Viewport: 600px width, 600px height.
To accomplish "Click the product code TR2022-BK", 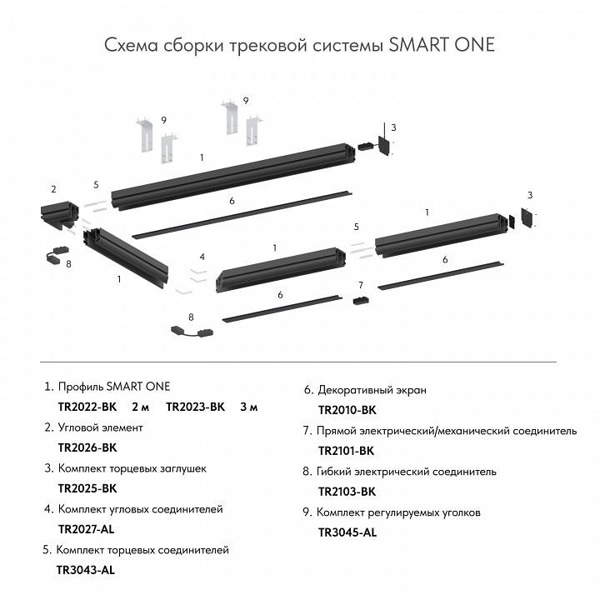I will [87, 407].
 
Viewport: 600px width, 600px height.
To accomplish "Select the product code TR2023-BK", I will [196, 407].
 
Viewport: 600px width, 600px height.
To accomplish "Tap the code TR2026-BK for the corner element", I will [87, 447].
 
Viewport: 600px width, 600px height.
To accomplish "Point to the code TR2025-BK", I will [87, 488].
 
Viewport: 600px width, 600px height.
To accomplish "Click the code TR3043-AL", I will [85, 570].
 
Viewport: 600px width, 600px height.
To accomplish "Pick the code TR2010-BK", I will [347, 410].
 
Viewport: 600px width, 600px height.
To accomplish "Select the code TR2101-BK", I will [347, 451].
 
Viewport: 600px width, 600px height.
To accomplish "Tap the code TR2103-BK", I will [347, 492].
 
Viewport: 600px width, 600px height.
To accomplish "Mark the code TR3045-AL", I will [347, 532].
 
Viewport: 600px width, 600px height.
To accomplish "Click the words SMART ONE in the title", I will [442, 44].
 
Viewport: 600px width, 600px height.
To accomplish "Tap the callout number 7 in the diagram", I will [361, 285].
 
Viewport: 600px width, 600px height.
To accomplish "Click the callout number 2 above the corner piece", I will [53, 189].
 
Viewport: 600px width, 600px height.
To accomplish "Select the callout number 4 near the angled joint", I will [202, 256].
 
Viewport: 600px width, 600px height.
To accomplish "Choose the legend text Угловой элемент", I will [100, 427].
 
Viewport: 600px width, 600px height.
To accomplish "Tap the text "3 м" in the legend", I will [248, 407].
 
